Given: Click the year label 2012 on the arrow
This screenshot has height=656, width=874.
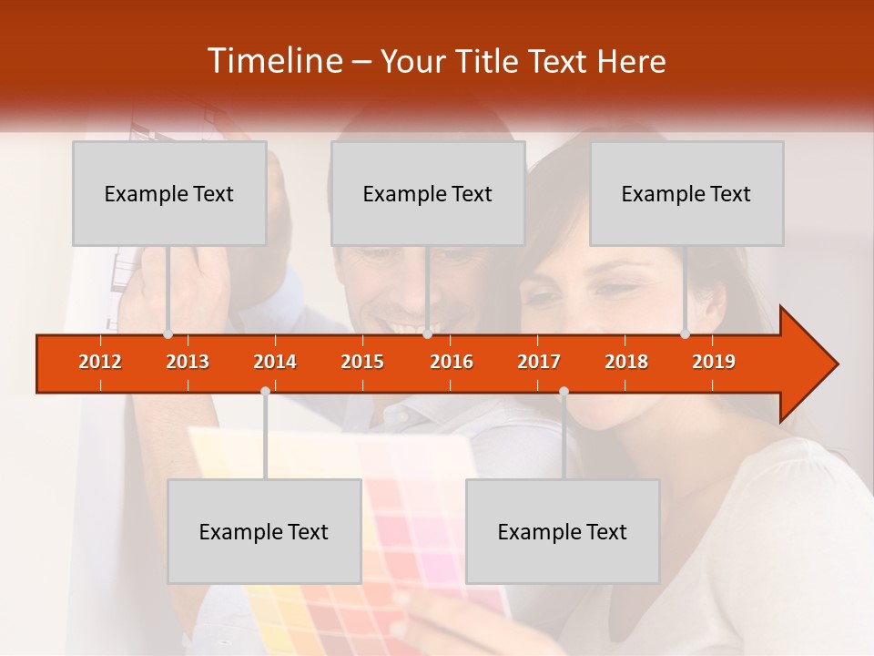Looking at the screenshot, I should coord(100,362).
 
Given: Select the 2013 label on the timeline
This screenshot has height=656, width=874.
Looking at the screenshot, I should coord(188,362).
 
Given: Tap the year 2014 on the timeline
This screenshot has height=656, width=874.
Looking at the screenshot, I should coord(275,362).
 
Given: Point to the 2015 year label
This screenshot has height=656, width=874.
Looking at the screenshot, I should coord(362,362).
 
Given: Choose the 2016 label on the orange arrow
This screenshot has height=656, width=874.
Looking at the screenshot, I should coord(452,362).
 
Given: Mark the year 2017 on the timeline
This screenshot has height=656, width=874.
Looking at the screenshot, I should coord(539,362).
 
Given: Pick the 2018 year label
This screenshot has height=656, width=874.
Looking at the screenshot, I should coord(626,362).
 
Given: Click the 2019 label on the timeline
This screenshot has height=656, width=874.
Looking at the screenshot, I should coord(714,362).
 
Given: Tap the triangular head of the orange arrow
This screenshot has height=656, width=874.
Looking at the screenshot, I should coord(807,364).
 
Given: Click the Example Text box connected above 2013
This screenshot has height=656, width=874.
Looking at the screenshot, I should coord(169,193).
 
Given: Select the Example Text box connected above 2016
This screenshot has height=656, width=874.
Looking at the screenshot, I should coord(428,193).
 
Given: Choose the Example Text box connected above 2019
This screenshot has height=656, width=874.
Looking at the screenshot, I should coord(686,193).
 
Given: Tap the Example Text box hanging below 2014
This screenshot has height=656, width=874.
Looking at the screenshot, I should coord(264,531).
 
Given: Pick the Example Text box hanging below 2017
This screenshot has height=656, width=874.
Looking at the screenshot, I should coord(563,531).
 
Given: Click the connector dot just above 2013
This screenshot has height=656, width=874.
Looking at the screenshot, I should coord(168,334).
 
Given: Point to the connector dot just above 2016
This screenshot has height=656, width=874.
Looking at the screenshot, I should coord(427,334).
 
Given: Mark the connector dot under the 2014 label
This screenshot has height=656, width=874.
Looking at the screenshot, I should coord(265,391).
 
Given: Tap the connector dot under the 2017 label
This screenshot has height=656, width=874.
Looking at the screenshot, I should coord(564,391).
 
